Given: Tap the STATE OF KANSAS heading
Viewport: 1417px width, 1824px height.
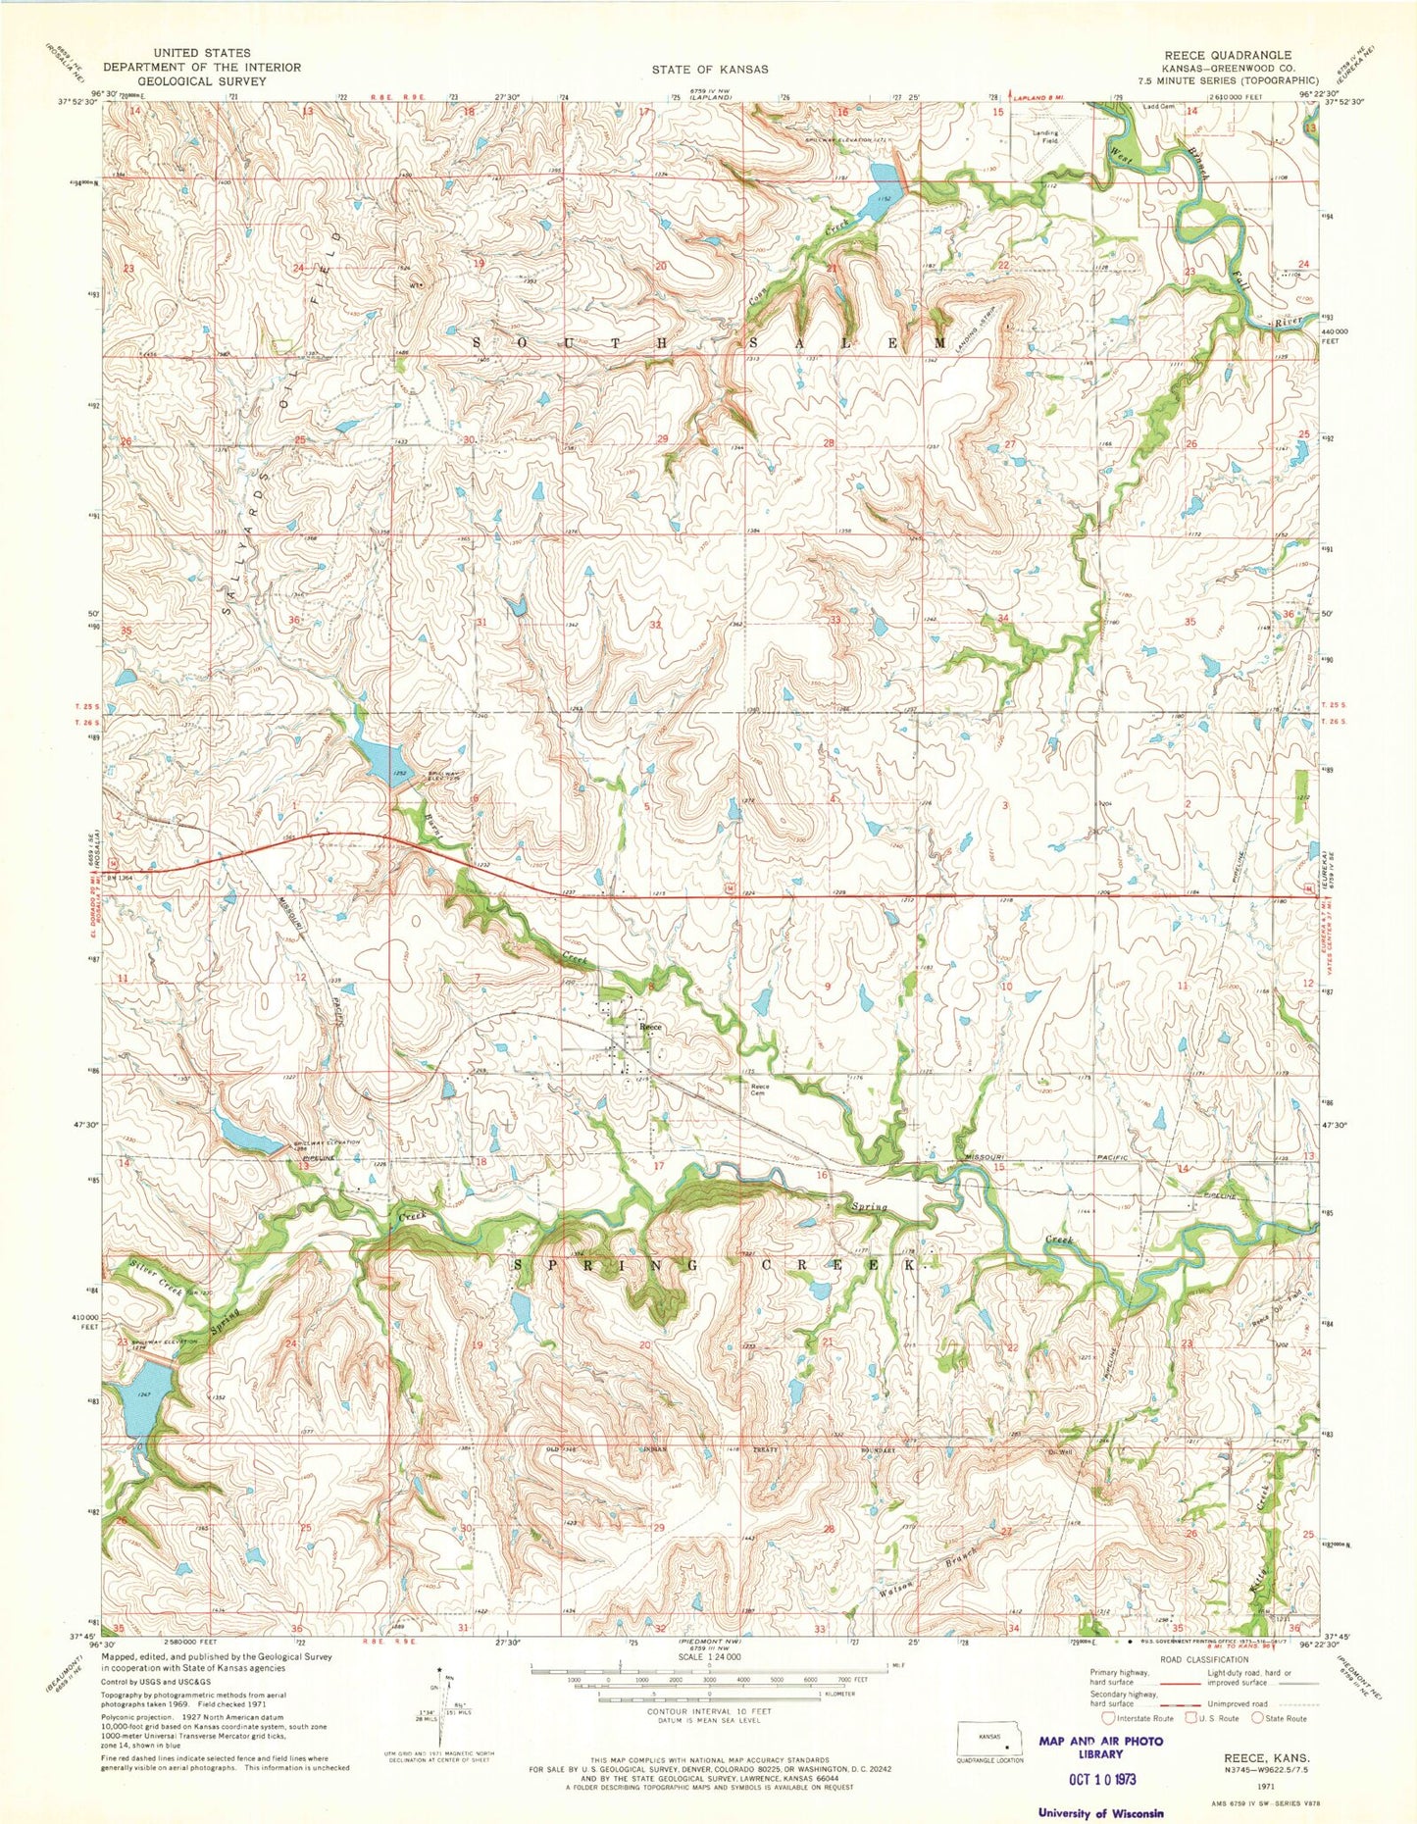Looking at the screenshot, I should click(709, 70).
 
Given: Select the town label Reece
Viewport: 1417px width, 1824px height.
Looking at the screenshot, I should click(651, 1027).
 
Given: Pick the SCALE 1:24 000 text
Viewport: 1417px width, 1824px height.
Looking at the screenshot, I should click(708, 1658).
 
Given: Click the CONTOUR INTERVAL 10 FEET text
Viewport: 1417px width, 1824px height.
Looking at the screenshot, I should click(708, 1710).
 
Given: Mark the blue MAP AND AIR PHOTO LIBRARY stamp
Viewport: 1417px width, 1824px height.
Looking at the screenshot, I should click(1099, 1747).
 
